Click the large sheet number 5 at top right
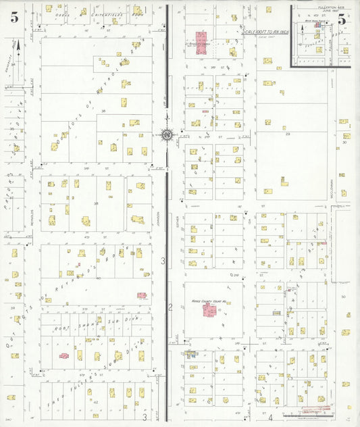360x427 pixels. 342,19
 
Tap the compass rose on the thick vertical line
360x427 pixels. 166,134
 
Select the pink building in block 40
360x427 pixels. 142,295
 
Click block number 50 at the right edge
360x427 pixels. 343,297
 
